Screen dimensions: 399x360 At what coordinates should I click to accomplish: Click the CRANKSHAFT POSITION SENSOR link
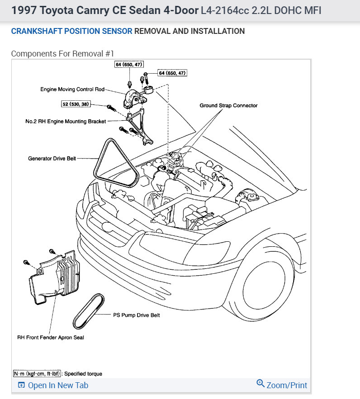pyautogui.click(x=71, y=31)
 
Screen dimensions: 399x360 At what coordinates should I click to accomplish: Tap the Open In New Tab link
pyautogui.click(x=58, y=385)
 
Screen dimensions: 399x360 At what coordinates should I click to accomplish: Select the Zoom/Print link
pyautogui.click(x=287, y=385)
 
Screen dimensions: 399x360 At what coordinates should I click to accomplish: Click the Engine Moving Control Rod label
pyautogui.click(x=72, y=89)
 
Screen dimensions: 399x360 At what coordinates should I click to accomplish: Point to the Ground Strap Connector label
pyautogui.click(x=228, y=105)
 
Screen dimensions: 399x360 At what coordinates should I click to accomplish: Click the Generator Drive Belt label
pyautogui.click(x=52, y=159)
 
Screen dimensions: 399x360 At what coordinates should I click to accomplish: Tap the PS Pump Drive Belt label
pyautogui.click(x=136, y=315)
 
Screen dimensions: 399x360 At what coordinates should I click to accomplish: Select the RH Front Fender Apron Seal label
pyautogui.click(x=51, y=337)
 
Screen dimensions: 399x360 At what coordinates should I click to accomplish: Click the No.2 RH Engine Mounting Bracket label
pyautogui.click(x=66, y=121)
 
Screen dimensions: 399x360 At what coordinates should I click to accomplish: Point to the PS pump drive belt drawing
pyautogui.click(x=89, y=312)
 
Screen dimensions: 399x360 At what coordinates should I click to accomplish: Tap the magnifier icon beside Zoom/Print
pyautogui.click(x=260, y=384)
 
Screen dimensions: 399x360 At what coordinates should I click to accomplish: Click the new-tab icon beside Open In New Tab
pyautogui.click(x=21, y=385)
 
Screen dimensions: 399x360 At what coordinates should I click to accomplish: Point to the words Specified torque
pyautogui.click(x=83, y=374)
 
